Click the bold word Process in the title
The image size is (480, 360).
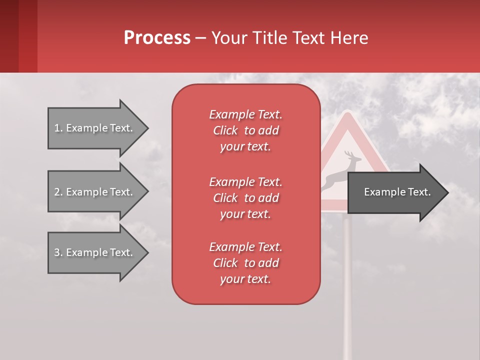[x=157, y=38]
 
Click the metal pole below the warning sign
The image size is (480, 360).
[x=347, y=280]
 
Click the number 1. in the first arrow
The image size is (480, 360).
[x=58, y=128]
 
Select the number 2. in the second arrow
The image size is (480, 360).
[x=58, y=192]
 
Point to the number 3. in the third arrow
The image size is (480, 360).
[x=58, y=252]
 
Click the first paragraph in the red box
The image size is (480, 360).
[x=245, y=130]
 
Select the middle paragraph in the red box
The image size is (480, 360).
[x=245, y=198]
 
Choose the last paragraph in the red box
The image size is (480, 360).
[x=245, y=263]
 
